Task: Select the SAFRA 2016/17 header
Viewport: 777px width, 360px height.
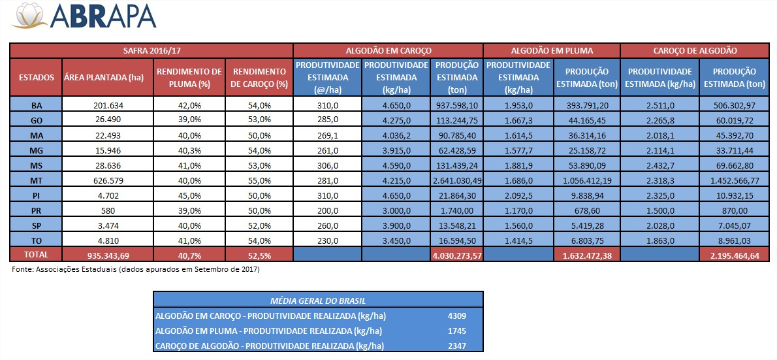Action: coord(151,50)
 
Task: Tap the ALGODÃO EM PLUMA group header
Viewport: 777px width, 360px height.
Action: coord(551,50)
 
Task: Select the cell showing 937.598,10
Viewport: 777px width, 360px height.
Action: coord(457,105)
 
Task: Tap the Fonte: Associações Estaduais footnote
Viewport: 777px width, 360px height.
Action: coord(136,269)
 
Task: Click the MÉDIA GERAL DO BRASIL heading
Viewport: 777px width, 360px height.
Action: coord(318,301)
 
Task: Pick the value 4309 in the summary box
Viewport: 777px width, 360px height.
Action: coord(456,316)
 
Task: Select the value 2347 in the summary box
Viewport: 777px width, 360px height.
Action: coord(456,345)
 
